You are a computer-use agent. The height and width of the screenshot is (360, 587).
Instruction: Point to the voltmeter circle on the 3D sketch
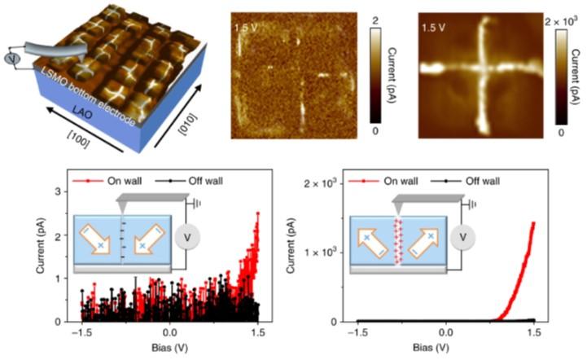tap(11, 59)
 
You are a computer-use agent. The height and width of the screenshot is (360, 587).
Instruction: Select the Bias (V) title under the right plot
tap(445, 349)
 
